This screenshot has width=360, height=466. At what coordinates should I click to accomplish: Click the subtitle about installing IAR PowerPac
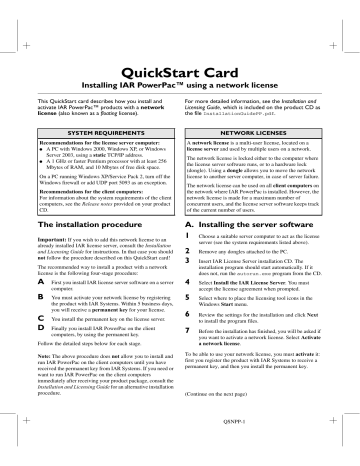coord(179,74)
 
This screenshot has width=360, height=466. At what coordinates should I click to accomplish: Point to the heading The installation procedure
coord(81,229)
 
